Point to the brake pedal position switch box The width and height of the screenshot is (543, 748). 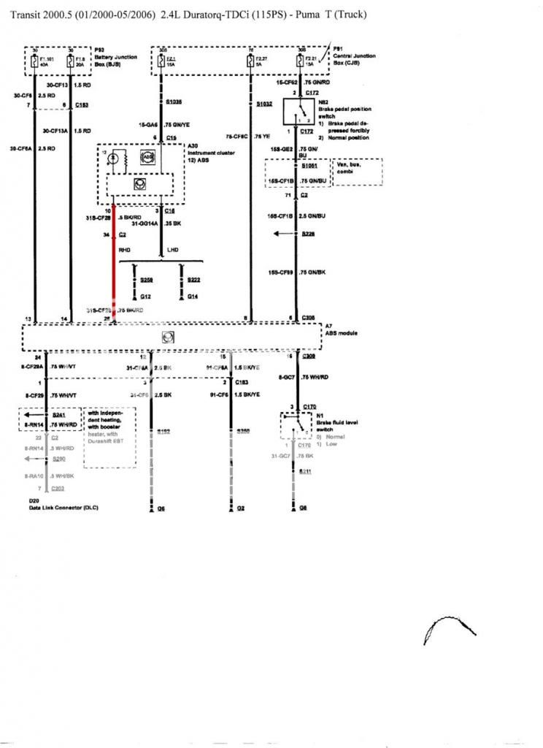(298, 112)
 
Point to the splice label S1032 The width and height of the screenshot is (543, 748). (264, 104)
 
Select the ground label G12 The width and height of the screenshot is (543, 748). (145, 297)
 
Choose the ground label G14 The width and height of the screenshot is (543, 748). (192, 297)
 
